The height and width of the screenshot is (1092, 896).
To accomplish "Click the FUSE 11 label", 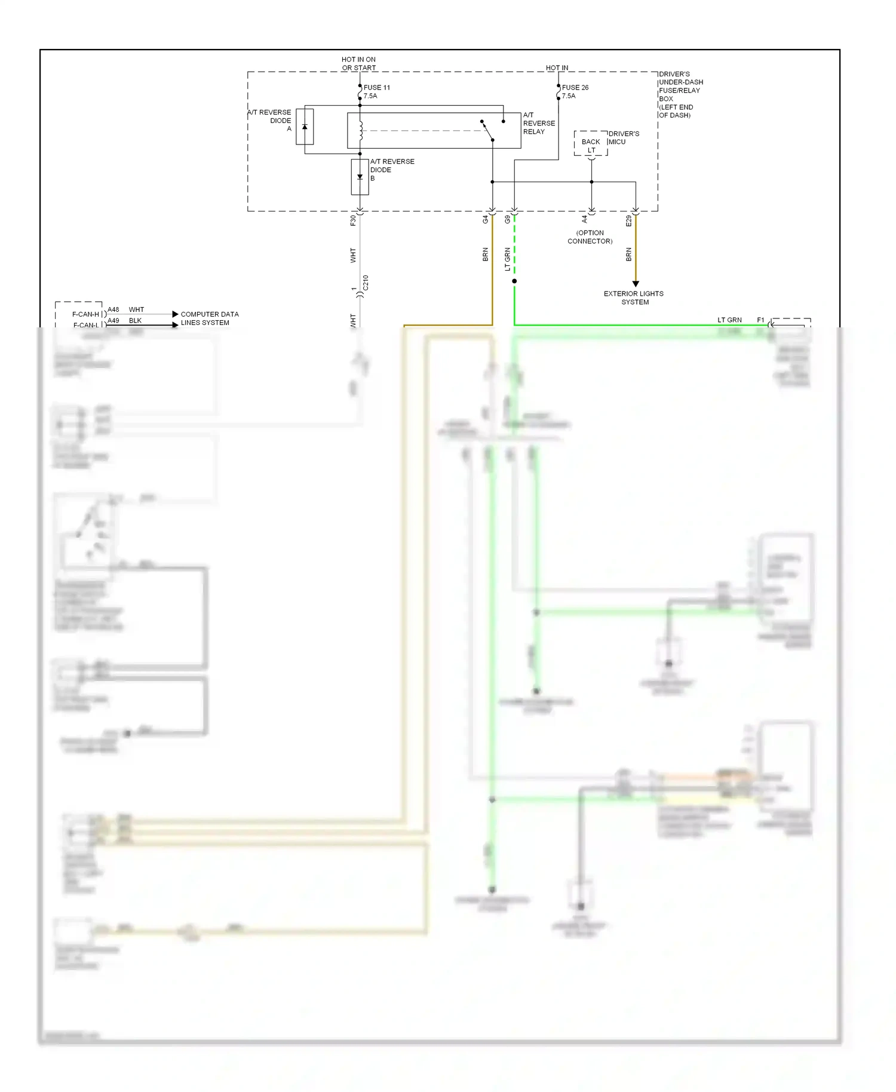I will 376,87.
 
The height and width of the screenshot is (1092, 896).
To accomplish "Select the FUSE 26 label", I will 575,87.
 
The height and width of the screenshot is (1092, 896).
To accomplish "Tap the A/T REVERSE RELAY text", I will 538,123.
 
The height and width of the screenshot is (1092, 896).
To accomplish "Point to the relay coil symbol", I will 361,131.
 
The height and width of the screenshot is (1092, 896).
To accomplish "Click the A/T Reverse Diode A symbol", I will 305,127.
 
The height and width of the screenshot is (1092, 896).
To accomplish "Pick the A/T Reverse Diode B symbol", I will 360,177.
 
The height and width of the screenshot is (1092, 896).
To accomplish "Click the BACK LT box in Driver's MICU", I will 591,144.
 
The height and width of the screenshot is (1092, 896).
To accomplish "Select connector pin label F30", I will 353,220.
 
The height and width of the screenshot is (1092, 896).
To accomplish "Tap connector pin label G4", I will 485,220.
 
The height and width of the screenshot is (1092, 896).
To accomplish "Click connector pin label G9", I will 507,220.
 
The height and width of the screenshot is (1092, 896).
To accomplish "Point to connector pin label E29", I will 628,220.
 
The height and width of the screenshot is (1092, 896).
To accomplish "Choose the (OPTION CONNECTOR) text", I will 590,237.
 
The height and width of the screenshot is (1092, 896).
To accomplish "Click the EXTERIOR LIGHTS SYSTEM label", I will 634,297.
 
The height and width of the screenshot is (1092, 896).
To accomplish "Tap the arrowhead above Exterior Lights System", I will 636,284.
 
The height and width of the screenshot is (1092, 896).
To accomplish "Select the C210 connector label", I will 366,283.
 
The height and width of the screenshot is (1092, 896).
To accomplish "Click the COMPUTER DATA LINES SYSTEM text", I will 209,318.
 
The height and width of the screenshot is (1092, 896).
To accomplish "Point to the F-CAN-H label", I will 85,314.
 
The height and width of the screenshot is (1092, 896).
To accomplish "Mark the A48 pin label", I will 113,309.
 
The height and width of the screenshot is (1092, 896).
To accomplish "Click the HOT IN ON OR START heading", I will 358,63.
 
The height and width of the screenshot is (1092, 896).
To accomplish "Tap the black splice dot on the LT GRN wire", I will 514,281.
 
